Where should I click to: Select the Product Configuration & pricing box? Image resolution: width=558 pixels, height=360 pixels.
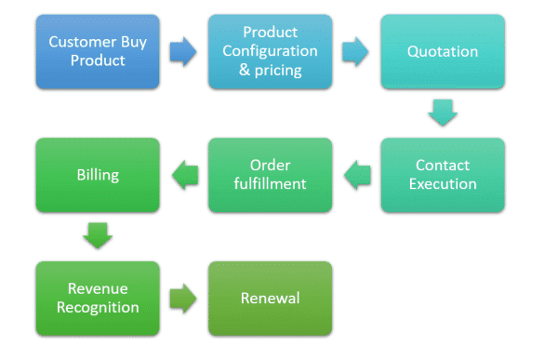pyautogui.click(x=270, y=51)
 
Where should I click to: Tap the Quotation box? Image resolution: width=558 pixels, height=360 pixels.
pyautogui.click(x=443, y=51)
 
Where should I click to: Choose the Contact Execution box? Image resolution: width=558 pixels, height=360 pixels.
pyautogui.click(x=443, y=175)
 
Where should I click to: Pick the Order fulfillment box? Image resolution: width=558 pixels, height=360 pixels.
pyautogui.click(x=270, y=175)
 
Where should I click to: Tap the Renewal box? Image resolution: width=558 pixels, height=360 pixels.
pyautogui.click(x=270, y=299)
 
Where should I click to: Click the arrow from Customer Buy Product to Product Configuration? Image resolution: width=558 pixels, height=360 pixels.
pyautogui.click(x=183, y=51)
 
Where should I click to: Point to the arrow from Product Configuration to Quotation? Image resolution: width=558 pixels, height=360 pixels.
pyautogui.click(x=356, y=51)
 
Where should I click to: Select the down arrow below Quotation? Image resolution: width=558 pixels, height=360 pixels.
pyautogui.click(x=443, y=113)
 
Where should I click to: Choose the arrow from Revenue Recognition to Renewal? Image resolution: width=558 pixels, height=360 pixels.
pyautogui.click(x=183, y=299)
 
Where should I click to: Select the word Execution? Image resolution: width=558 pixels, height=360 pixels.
pyautogui.click(x=443, y=184)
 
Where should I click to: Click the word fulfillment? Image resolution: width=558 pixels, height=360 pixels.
pyautogui.click(x=270, y=184)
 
